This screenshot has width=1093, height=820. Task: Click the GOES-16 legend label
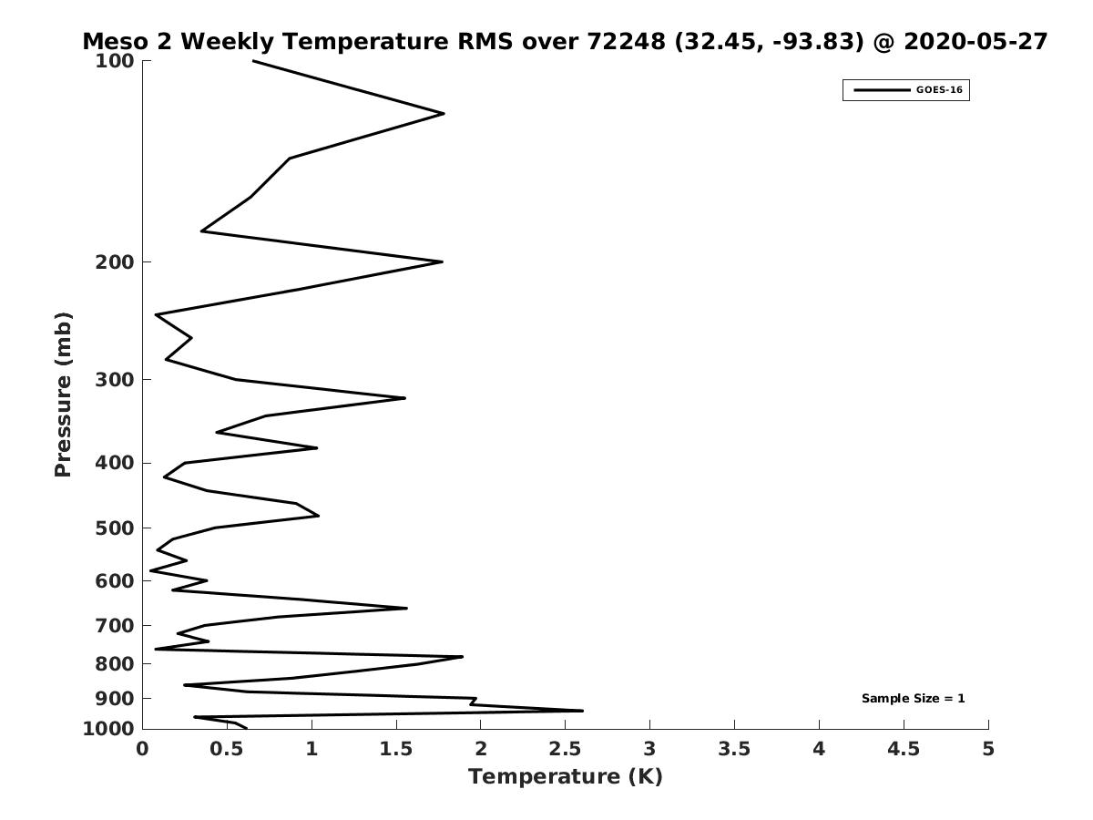939,90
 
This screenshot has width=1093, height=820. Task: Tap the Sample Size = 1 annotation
913,699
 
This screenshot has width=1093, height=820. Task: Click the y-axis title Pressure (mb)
63,395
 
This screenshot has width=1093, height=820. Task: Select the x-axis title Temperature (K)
565,777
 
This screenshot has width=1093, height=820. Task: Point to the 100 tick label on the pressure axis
116,61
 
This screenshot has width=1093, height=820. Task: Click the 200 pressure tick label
116,262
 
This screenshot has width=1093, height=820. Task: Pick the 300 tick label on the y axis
116,380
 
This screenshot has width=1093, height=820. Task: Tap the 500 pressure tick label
116,528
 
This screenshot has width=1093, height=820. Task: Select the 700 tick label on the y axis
116,626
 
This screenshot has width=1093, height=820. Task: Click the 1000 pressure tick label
110,729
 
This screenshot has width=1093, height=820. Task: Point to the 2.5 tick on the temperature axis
565,749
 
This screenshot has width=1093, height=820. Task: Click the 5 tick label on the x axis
988,749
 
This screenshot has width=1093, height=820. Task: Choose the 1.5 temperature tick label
396,749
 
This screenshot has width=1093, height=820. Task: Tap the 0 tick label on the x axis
143,749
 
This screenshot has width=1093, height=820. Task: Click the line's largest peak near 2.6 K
582,711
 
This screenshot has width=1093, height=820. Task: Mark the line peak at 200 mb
442,261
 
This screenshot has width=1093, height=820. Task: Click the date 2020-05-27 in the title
976,42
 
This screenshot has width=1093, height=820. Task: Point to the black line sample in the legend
881,90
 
